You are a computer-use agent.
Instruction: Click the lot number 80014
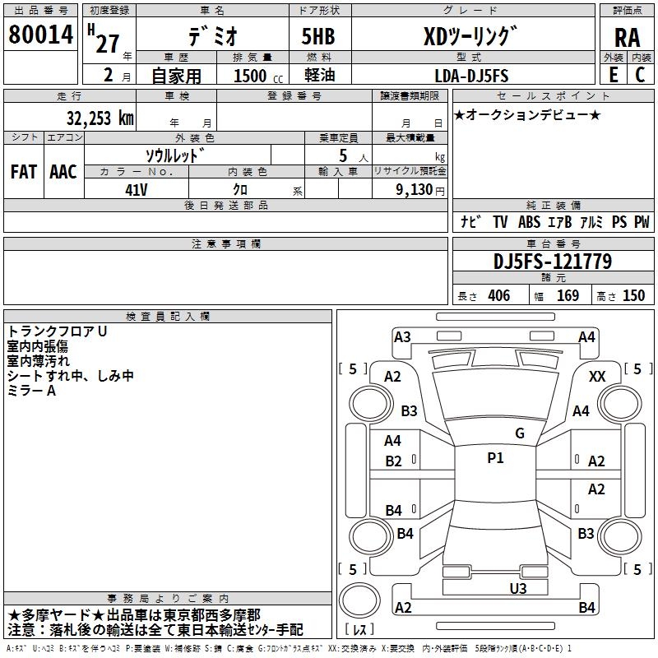click(x=40, y=34)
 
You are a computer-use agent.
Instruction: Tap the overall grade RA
click(x=627, y=38)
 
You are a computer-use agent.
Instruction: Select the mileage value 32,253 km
click(x=100, y=118)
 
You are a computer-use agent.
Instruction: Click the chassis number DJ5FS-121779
click(x=553, y=262)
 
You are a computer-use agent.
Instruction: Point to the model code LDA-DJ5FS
click(x=471, y=76)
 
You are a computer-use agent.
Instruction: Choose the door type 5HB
click(x=318, y=36)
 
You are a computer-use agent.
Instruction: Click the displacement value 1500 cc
click(x=258, y=76)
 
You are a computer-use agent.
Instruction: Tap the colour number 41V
click(x=137, y=190)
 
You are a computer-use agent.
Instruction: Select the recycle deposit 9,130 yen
click(x=420, y=190)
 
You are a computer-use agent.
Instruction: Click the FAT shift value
click(x=24, y=172)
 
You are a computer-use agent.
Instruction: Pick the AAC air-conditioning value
click(x=63, y=172)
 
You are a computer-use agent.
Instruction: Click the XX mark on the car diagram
click(x=597, y=377)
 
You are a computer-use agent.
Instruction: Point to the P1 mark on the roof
click(x=495, y=458)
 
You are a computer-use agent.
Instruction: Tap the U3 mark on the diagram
click(x=518, y=588)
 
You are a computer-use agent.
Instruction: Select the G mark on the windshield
click(x=520, y=433)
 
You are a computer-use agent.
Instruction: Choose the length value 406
click(x=499, y=296)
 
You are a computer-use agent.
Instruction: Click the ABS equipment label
click(x=529, y=222)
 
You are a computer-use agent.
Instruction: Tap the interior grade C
click(x=640, y=75)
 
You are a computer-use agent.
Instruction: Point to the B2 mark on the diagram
click(x=393, y=461)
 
